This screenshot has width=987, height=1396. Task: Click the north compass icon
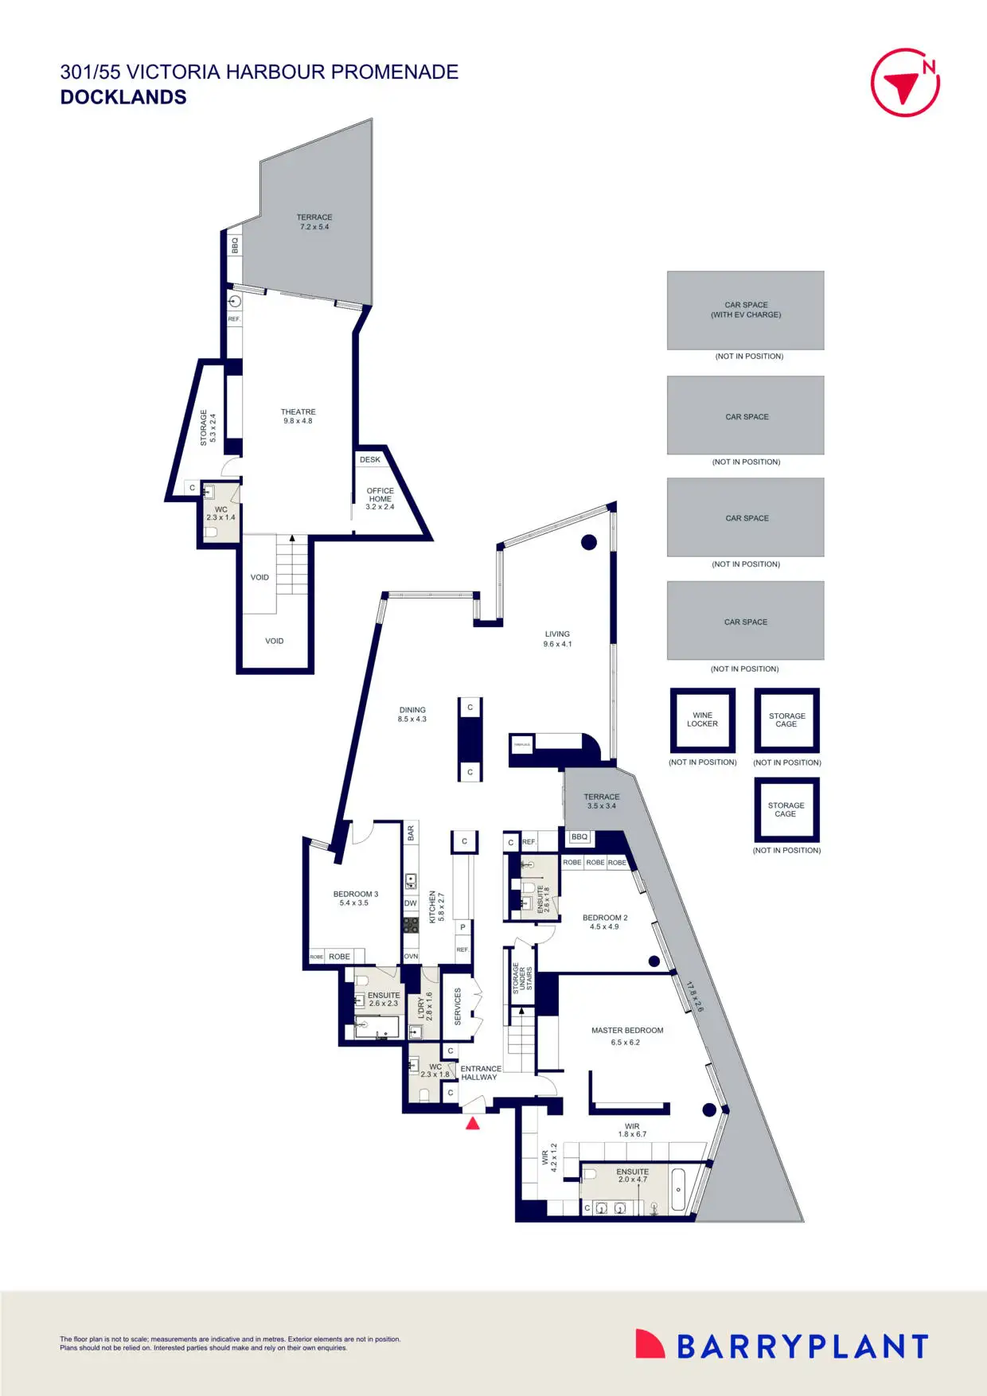pos(905,83)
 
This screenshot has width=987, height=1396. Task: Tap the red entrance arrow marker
pos(472,1124)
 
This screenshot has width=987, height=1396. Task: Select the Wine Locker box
pos(702,720)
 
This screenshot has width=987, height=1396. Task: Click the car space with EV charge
pos(745,310)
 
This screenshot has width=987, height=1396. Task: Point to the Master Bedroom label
pos(626,1031)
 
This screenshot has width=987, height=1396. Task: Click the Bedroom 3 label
pos(355,895)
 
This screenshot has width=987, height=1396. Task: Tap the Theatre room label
pos(298,412)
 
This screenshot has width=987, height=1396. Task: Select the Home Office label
pos(380,495)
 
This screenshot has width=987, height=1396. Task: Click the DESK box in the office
pos(370,460)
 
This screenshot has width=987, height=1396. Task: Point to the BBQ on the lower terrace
pos(579,837)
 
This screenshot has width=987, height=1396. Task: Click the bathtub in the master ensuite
pos(678,1190)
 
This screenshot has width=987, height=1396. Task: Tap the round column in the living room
pos(589,543)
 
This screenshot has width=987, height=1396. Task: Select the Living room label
pos(557,634)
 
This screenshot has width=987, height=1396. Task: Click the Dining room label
pos(412,710)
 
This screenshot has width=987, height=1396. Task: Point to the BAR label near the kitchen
pos(411,833)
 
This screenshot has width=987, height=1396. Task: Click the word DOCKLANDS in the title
pos(123,97)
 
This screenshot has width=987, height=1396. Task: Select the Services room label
pos(458,1006)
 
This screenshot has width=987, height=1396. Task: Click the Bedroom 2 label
pos(605,918)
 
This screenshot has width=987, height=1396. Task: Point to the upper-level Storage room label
pos(204,427)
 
